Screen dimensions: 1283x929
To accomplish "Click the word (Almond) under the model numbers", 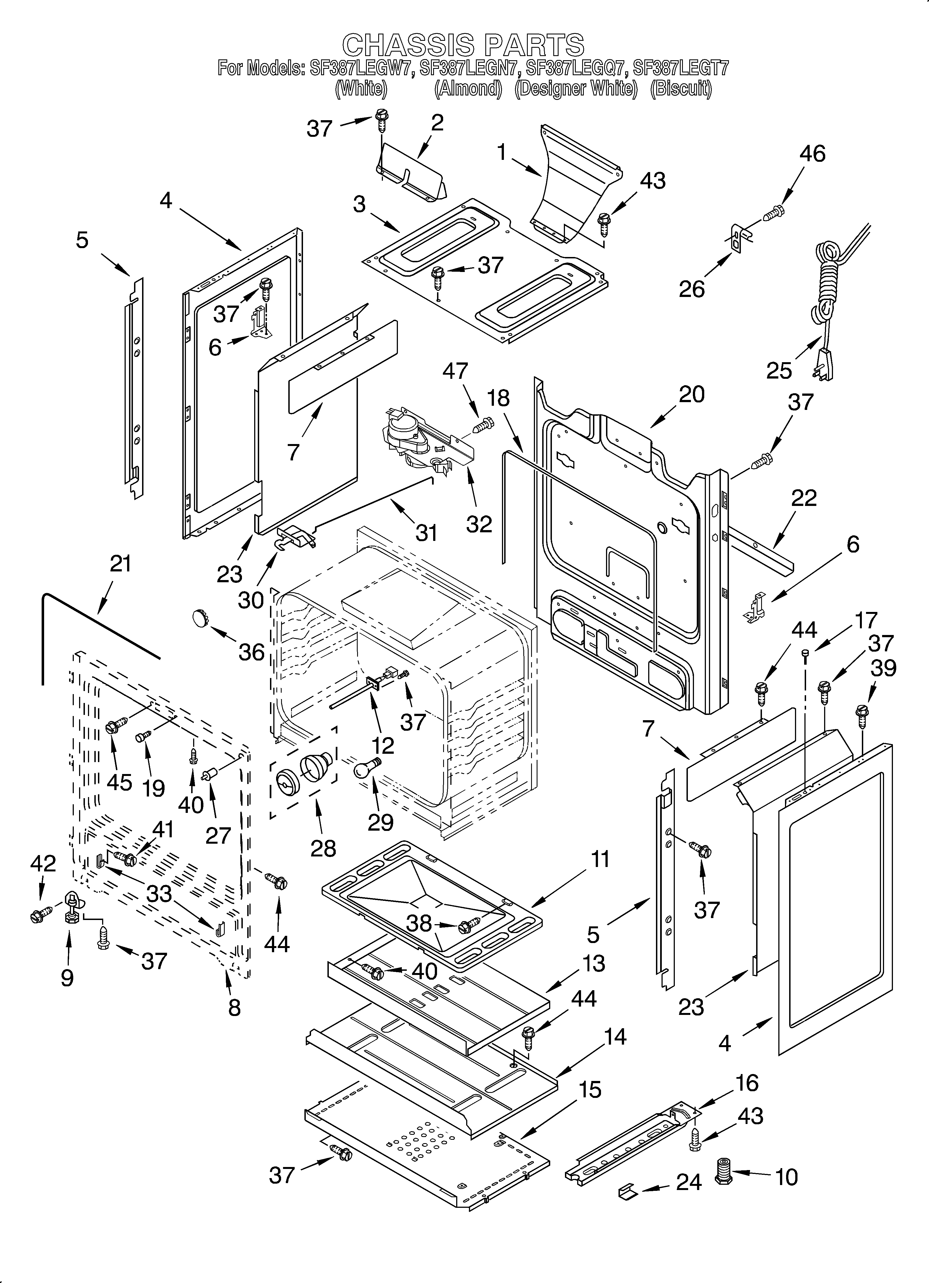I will pos(468,89).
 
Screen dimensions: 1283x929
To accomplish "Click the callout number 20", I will pos(691,394).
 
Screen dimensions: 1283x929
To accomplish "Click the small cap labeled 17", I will pos(804,654).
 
